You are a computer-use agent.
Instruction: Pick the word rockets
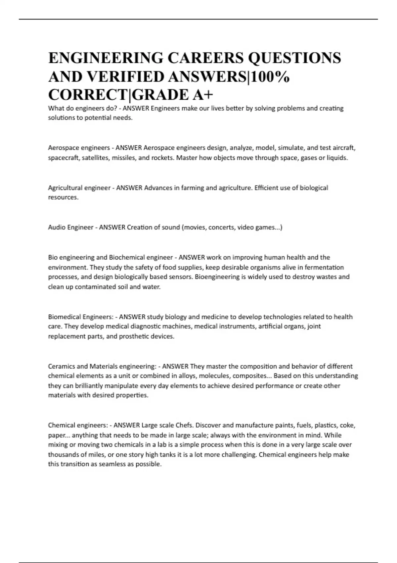[162, 158]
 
